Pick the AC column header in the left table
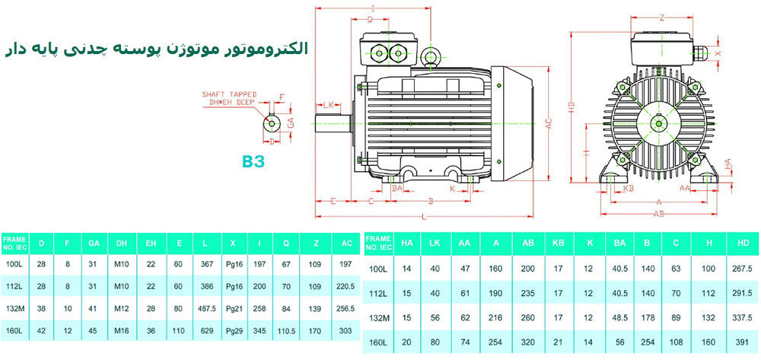click(347, 244)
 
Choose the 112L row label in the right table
click(378, 293)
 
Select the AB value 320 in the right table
click(527, 342)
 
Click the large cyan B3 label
click(253, 161)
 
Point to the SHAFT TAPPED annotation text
click(228, 94)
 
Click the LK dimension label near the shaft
click(330, 104)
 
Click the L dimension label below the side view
click(424, 218)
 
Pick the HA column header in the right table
click(406, 244)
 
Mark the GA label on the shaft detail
click(291, 122)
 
